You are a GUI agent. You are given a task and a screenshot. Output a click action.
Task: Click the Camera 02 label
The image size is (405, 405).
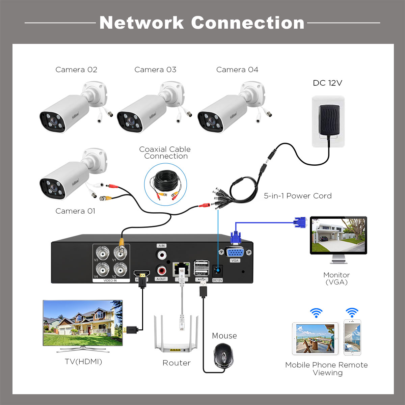[x=76, y=70]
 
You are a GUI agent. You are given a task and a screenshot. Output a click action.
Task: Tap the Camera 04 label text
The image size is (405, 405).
[x=237, y=70]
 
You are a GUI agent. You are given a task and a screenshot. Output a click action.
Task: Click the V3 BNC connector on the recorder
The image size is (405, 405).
[x=102, y=252]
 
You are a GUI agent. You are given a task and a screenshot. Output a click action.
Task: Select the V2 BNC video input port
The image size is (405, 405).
[x=120, y=269]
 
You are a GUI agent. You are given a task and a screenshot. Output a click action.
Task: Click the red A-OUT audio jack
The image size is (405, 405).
[x=161, y=270]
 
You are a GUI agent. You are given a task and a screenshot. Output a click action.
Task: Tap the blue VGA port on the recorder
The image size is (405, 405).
[x=235, y=252]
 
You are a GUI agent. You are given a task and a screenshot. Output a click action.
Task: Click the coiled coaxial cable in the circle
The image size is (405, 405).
[x=165, y=184]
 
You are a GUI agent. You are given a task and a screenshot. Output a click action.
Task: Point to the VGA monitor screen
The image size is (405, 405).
[x=338, y=235]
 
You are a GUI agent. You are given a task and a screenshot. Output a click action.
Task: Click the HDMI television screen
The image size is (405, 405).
[x=83, y=322]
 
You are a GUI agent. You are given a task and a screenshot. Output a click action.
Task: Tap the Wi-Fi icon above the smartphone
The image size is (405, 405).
[x=352, y=313]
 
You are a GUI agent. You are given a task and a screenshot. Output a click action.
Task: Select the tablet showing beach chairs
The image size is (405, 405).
[x=315, y=339]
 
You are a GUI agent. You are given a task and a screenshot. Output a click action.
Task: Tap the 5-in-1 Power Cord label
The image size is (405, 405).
[x=298, y=196]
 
